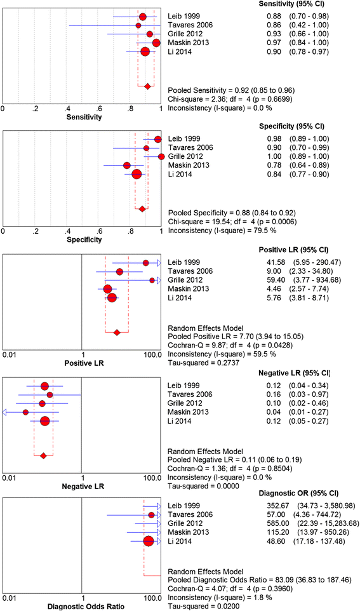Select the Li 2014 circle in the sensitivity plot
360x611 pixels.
(x=145, y=51)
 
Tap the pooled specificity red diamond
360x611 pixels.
(x=142, y=209)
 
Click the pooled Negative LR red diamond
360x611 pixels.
(x=43, y=455)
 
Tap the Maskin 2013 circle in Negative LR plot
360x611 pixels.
(x=25, y=412)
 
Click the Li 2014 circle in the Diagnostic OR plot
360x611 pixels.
(x=149, y=541)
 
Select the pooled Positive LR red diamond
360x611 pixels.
(x=116, y=332)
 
